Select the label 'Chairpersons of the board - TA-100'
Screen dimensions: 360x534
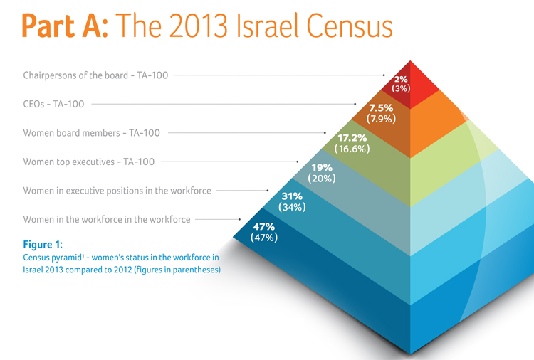(95, 75)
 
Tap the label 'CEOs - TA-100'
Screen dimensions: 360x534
(53, 104)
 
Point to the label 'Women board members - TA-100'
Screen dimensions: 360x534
(91, 133)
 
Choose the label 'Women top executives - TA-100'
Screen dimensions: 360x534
(88, 162)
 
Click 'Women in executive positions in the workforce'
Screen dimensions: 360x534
(117, 191)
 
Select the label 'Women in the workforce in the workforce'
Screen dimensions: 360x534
(106, 220)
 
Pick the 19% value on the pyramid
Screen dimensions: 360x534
(321, 167)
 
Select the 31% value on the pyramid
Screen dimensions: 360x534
(292, 196)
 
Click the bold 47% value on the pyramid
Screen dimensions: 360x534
(264, 227)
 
